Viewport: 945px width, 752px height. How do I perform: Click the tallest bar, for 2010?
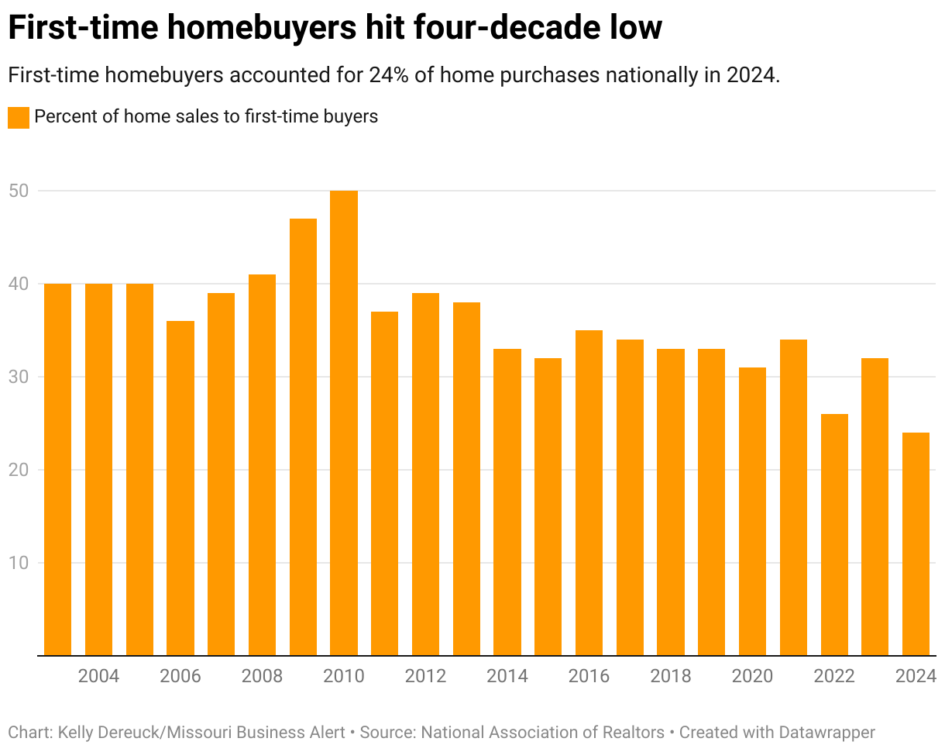344,423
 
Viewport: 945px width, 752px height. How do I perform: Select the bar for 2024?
916,543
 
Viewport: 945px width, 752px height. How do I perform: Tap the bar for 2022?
834,534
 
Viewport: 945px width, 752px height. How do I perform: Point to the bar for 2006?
180,488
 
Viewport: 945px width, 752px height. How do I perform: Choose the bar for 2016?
589,492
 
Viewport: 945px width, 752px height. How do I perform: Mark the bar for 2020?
752,511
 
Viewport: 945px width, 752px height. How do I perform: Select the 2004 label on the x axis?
98,676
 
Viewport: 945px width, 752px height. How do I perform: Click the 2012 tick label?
425,676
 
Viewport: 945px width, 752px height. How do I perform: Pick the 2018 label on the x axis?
671,676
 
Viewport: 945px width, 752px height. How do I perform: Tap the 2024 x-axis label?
916,676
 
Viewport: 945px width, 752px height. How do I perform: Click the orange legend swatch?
18,118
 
